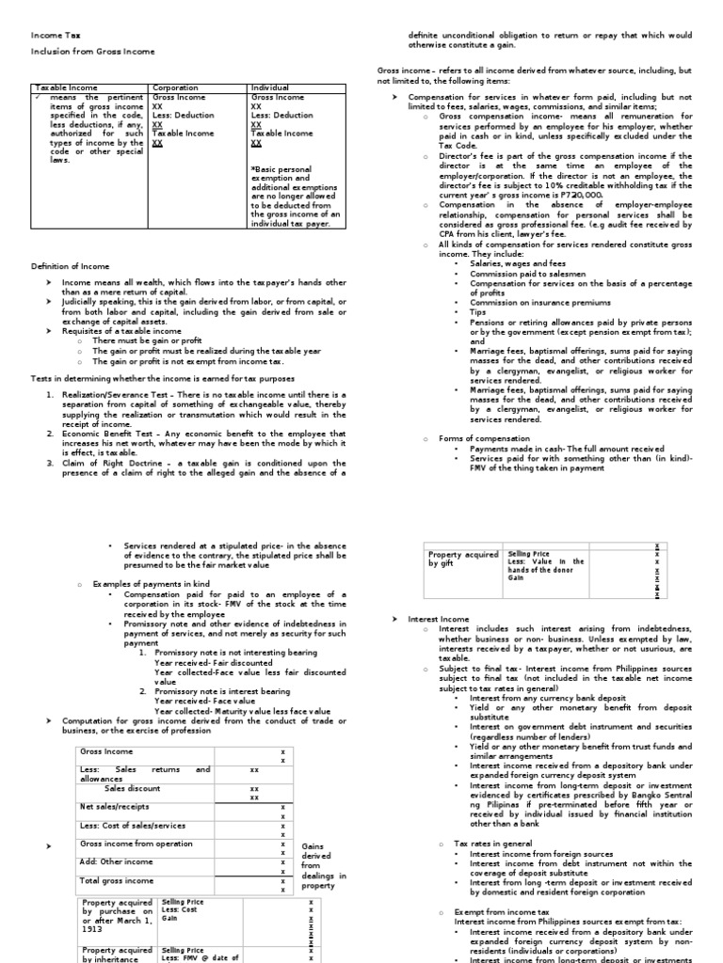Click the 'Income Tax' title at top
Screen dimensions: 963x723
click(48, 35)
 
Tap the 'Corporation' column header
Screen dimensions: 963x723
click(175, 87)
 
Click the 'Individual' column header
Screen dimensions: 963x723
click(270, 87)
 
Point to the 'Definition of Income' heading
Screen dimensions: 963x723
click(70, 266)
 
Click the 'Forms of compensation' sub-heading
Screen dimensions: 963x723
click(477, 438)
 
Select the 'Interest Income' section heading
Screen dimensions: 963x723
click(438, 619)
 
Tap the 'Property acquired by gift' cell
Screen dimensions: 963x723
click(461, 560)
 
